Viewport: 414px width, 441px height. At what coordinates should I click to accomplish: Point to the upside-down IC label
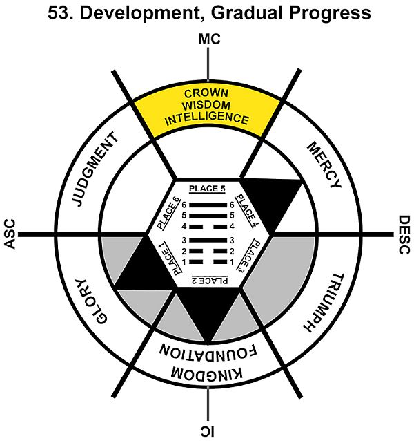208,430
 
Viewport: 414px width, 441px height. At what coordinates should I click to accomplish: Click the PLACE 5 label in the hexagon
208,189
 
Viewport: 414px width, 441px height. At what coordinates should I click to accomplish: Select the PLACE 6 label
168,212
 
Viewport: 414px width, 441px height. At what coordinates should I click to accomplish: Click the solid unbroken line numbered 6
208,205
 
